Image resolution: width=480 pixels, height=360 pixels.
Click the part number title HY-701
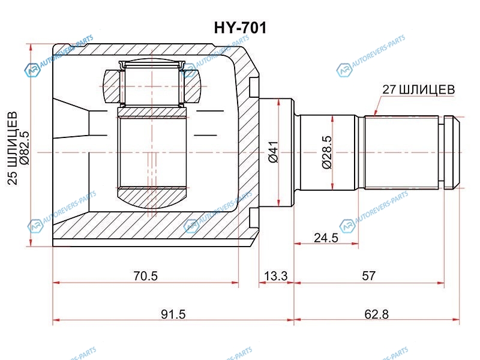(241, 28)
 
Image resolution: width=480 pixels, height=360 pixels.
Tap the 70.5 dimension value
(145, 276)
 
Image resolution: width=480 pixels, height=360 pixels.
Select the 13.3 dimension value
(275, 276)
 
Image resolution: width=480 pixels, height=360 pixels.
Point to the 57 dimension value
(368, 275)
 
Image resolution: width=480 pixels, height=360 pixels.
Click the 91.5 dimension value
(173, 314)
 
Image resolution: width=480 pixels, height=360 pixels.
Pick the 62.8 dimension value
(377, 314)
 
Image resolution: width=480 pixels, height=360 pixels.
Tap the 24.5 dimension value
(326, 238)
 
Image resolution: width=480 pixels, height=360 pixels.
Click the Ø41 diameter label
(273, 152)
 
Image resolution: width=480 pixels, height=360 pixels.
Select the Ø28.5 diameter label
(326, 152)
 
